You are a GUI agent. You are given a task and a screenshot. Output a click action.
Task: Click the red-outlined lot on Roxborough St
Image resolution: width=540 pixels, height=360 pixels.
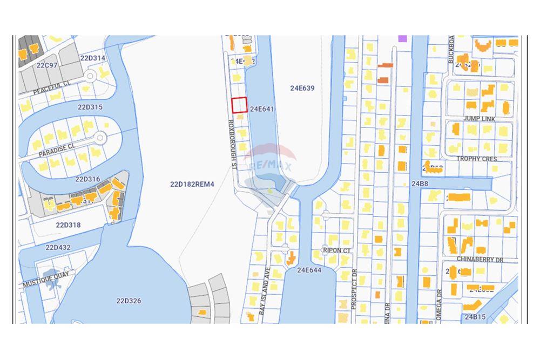pos(239,105)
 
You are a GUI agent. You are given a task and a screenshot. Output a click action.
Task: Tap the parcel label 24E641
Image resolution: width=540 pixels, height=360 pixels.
pos(262,109)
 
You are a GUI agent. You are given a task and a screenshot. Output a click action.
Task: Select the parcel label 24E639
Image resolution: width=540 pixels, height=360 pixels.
pos(302,88)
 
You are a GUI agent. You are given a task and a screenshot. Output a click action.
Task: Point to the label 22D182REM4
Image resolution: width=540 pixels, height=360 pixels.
pos(192,185)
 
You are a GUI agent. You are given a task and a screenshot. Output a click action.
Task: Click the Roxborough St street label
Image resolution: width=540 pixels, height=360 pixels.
pos(232,145)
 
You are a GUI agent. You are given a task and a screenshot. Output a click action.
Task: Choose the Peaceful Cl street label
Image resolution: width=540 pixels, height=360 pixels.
pos(52,88)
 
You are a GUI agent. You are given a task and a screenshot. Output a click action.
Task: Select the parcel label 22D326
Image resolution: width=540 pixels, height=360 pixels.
pos(129,301)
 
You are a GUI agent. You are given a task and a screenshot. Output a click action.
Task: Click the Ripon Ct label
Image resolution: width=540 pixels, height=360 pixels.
pos(336,250)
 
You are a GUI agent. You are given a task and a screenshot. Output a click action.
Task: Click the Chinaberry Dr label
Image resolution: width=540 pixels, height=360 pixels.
pos(480,260)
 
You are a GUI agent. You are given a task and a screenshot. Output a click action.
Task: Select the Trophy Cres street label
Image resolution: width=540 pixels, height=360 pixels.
pos(476,159)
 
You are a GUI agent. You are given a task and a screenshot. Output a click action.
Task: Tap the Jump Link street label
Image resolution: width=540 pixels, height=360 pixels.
pos(479,118)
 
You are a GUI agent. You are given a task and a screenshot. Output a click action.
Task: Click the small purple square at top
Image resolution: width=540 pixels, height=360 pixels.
pos(402,38)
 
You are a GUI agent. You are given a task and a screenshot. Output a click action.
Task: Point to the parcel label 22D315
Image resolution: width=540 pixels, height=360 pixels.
pos(90,107)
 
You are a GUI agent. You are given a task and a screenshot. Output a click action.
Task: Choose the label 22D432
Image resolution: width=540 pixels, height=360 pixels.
pos(58,247)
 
